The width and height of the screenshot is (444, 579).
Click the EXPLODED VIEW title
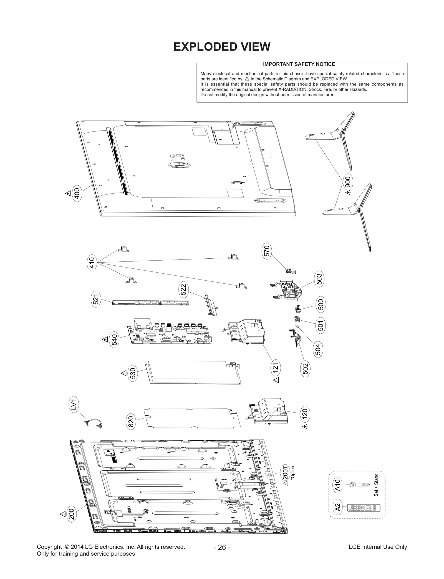[x=222, y=47]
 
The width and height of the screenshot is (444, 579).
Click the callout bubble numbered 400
[x=77, y=194]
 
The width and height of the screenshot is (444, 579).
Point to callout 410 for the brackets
[x=92, y=263]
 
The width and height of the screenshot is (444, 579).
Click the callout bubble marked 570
[x=266, y=251]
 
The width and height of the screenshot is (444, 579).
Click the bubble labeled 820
[x=131, y=421]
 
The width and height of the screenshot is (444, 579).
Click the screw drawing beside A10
[x=360, y=484]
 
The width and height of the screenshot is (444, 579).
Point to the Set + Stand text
[x=376, y=485]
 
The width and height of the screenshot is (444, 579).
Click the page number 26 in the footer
[x=222, y=547]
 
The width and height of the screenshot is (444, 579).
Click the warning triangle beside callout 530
[x=123, y=373]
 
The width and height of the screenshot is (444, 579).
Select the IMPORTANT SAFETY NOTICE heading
[x=299, y=64]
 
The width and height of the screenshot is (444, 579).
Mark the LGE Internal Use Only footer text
[x=378, y=547]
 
